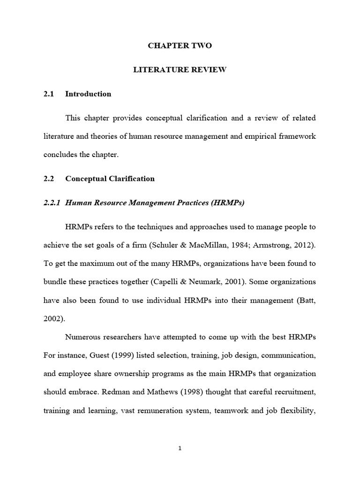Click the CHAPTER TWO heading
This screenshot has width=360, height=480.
pyautogui.click(x=180, y=45)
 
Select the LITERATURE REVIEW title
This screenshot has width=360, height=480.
pyautogui.click(x=180, y=70)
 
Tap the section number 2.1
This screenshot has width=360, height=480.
pyautogui.click(x=49, y=94)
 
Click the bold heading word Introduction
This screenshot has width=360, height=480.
pyautogui.click(x=88, y=94)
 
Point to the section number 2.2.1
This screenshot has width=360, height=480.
pyautogui.click(x=52, y=202)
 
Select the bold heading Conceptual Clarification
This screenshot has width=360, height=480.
pyautogui.click(x=110, y=179)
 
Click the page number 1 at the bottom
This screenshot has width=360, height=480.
pyautogui.click(x=180, y=448)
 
